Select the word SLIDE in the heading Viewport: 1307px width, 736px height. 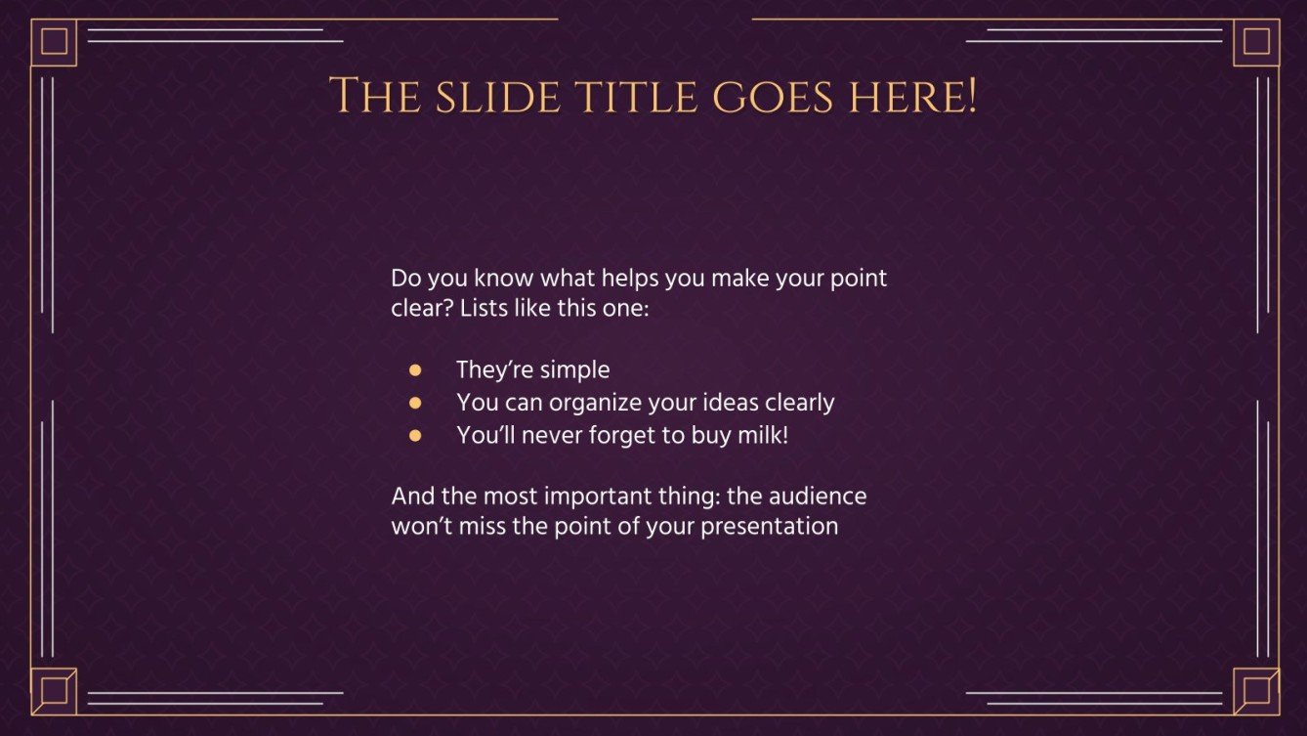(487, 98)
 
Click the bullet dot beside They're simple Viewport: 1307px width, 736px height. (415, 370)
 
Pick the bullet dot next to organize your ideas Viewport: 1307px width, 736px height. (415, 403)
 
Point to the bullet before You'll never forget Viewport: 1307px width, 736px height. (415, 435)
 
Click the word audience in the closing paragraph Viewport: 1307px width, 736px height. (819, 496)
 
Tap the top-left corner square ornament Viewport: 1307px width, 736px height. (54, 42)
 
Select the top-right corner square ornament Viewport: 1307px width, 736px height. (1256, 42)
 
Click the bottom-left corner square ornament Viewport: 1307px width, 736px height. (54, 691)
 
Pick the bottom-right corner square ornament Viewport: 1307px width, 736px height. (1256, 691)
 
